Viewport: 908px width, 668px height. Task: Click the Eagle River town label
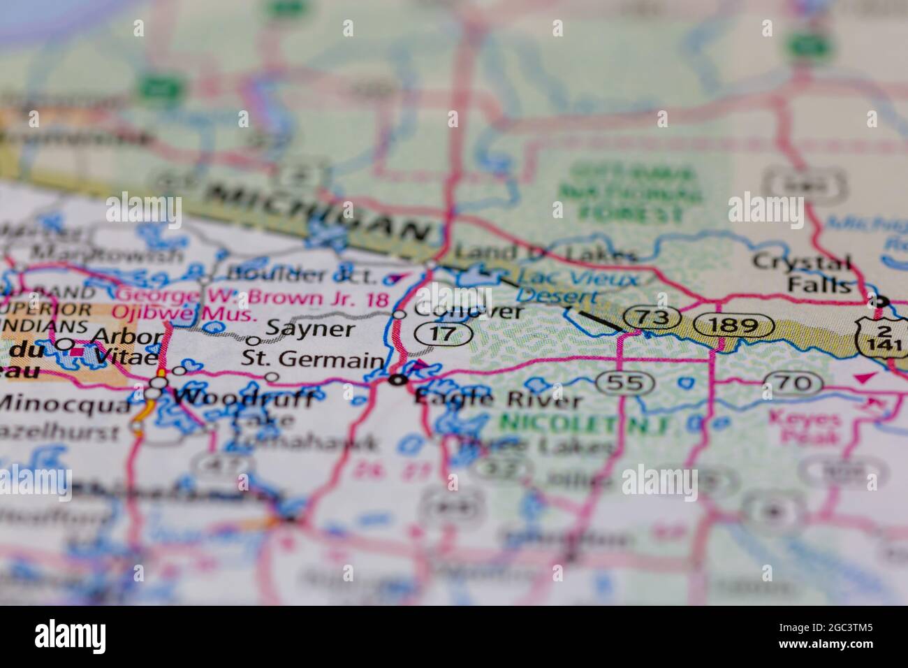pos(497,400)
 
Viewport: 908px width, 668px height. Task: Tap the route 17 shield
pos(444,335)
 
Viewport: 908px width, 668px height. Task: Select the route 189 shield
pos(738,326)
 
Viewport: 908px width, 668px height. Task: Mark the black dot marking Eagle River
pos(399,380)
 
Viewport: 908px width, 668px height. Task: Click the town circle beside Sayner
pos(254,341)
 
